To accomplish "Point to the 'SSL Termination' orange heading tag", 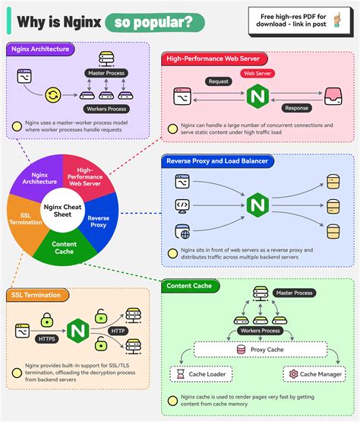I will pos(37,294).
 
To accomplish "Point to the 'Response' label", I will pos(295,108).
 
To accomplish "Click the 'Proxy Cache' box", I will pos(262,350).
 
